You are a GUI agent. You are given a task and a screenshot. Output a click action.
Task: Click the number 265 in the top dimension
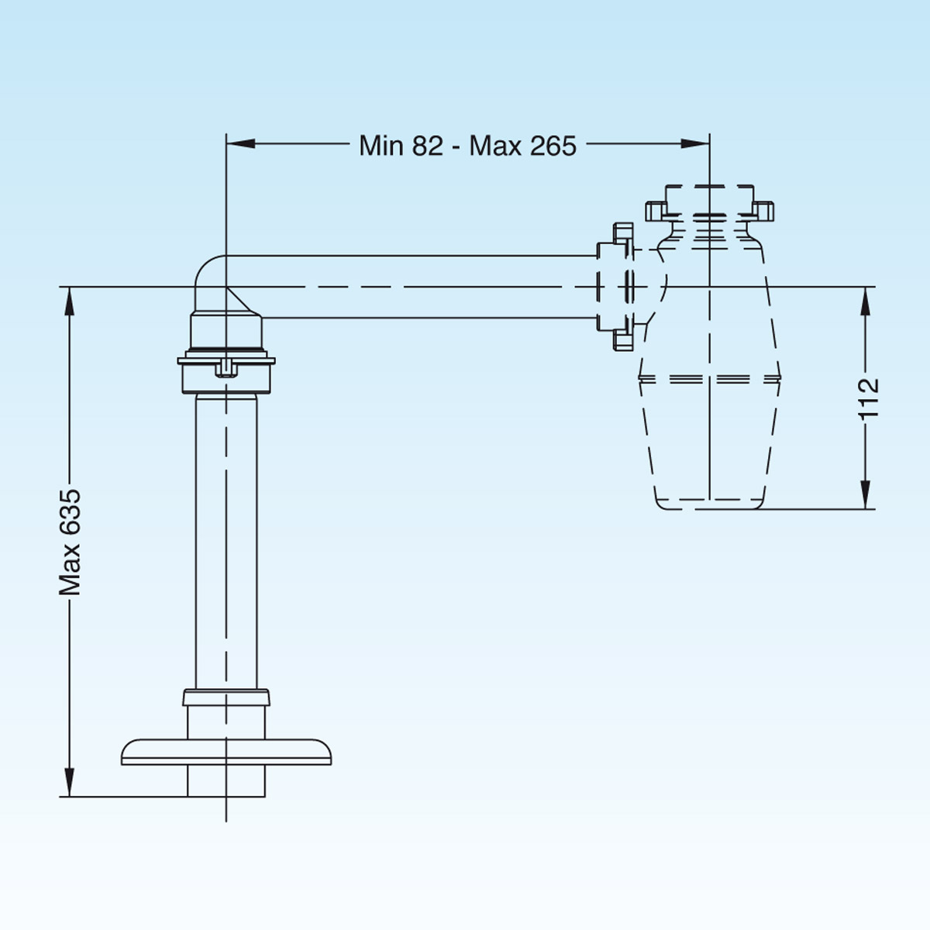pos(553,145)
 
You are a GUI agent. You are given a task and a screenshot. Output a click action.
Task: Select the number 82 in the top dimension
pos(427,145)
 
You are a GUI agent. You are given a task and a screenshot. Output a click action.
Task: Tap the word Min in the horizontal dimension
pos(381,145)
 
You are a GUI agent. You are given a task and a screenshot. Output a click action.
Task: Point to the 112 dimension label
pos(868,398)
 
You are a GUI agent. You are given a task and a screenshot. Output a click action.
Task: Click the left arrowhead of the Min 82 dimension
pos(241,143)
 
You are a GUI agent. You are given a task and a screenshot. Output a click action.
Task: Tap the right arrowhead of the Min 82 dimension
pos(695,143)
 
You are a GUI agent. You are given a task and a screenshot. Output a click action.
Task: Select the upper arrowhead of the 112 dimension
pos(866,301)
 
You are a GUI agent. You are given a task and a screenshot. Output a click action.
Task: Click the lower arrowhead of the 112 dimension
pos(866,494)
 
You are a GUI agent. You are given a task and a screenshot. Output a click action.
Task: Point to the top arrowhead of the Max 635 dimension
pos(70,301)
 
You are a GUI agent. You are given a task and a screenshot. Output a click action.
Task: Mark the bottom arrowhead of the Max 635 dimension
pos(70,782)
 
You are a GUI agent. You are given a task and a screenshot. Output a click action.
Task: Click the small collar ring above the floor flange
pos(226,697)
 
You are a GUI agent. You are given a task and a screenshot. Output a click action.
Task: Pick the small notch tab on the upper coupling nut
pos(226,368)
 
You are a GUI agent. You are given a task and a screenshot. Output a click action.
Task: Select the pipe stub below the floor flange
pos(226,781)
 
